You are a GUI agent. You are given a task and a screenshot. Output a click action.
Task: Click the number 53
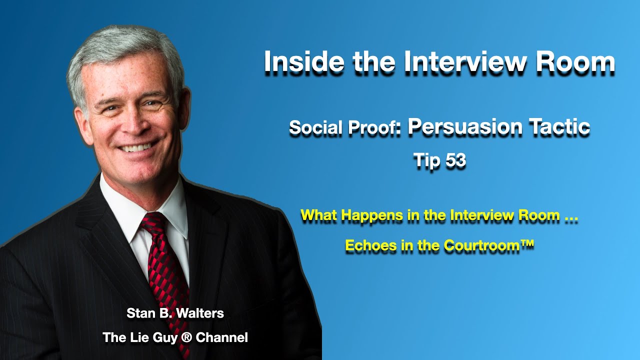click(454, 160)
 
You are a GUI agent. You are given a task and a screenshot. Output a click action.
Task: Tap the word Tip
click(425, 160)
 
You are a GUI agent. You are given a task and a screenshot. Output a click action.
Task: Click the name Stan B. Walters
click(175, 313)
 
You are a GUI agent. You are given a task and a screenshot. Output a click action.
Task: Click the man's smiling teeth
click(136, 147)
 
